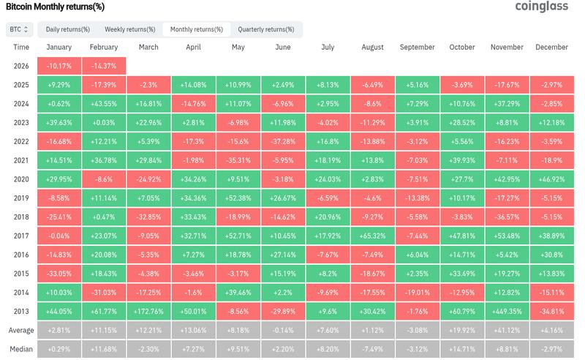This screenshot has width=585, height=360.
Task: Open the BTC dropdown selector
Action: click(19, 29)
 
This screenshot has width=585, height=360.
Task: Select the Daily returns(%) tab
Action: click(68, 29)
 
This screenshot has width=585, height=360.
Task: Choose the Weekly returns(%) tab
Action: click(129, 29)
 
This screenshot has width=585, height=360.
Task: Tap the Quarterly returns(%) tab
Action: click(265, 29)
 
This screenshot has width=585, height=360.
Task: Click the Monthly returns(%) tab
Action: click(197, 29)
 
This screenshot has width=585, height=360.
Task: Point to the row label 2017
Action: click(21, 236)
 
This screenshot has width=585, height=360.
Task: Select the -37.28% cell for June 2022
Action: click(284, 140)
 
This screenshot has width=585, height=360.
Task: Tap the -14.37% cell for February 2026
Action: click(104, 66)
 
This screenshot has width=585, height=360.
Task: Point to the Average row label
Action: click(21, 331)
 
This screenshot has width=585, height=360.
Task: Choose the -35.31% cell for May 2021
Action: click(239, 160)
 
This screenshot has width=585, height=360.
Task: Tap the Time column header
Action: click(21, 47)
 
